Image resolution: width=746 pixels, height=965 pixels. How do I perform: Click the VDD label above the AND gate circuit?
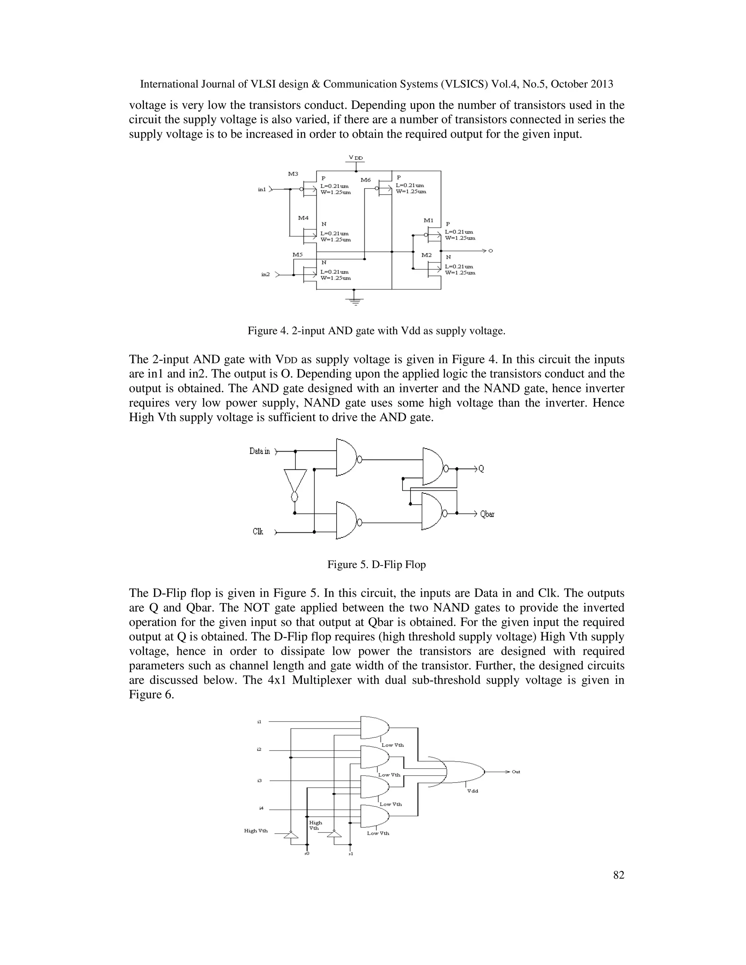pyautogui.click(x=356, y=158)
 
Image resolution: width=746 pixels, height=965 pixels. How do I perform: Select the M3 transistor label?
pyautogui.click(x=293, y=174)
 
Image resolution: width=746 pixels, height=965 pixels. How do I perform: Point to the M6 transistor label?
pyautogui.click(x=365, y=180)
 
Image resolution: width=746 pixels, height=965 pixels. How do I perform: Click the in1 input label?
pyautogui.click(x=262, y=190)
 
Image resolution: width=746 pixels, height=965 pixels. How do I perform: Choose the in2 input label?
pyautogui.click(x=266, y=275)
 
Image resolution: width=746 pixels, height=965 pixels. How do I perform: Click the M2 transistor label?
pyautogui.click(x=427, y=255)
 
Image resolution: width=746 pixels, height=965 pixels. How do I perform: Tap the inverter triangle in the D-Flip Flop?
pyautogui.click(x=295, y=481)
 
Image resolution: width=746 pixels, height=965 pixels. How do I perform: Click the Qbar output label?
pyautogui.click(x=487, y=514)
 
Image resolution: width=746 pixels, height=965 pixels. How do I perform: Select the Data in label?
pyautogui.click(x=259, y=451)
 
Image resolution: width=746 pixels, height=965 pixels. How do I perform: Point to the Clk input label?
pyautogui.click(x=258, y=532)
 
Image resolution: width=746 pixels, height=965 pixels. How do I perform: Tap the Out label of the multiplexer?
pyautogui.click(x=516, y=772)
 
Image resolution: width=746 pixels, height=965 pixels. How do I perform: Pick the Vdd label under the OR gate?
pyautogui.click(x=472, y=791)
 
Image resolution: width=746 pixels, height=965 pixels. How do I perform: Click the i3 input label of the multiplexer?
pyautogui.click(x=259, y=781)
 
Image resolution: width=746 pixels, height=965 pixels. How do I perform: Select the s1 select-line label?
pyautogui.click(x=350, y=854)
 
